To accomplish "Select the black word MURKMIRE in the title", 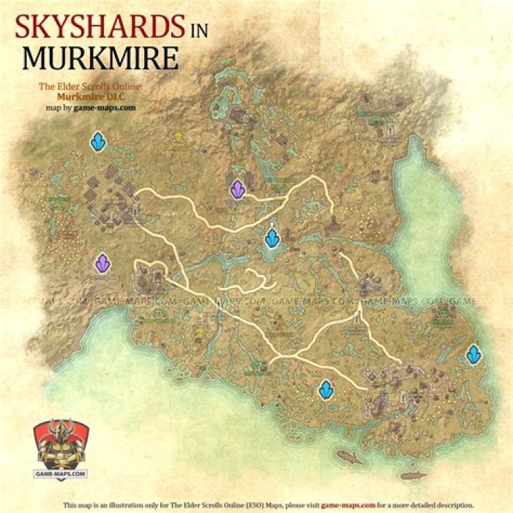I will [99, 58].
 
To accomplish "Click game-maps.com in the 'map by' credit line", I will [107, 107].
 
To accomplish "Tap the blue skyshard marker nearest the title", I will [98, 142].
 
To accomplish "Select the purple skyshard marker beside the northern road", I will [238, 189].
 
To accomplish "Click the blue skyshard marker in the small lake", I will [271, 237].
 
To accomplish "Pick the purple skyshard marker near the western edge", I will [103, 264].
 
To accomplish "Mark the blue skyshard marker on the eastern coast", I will [474, 353].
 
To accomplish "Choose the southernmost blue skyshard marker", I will [326, 389].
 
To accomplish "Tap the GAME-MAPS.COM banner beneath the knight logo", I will [61, 473].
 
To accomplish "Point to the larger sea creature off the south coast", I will [349, 456].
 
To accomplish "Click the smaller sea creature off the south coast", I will [413, 475].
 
